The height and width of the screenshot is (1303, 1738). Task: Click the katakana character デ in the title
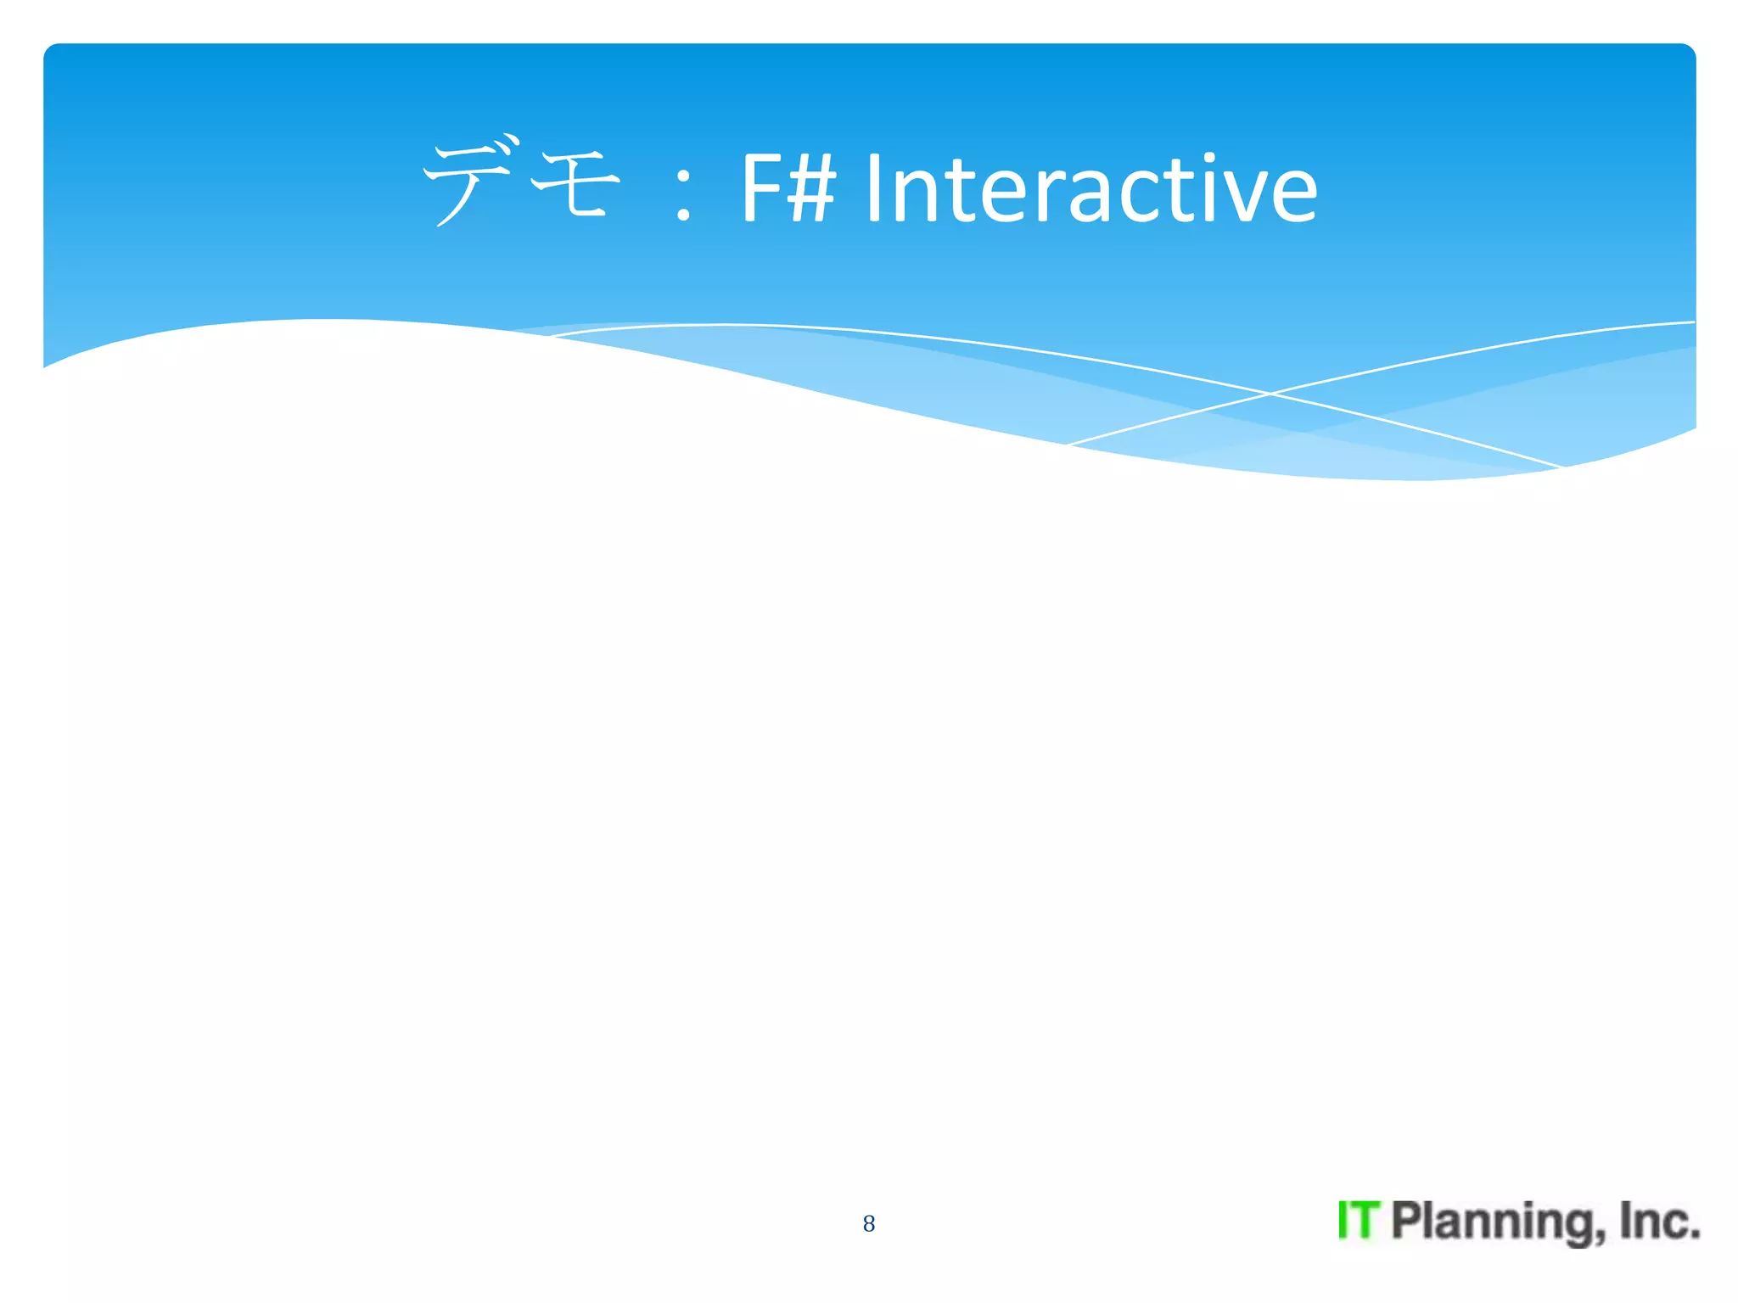[467, 182]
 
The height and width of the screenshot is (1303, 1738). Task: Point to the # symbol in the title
[811, 188]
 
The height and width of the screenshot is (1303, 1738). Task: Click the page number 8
[868, 1223]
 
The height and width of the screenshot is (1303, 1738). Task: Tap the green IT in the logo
[1359, 1221]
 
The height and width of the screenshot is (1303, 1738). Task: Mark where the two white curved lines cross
[1270, 394]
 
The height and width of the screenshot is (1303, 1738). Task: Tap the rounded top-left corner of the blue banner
[51, 51]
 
